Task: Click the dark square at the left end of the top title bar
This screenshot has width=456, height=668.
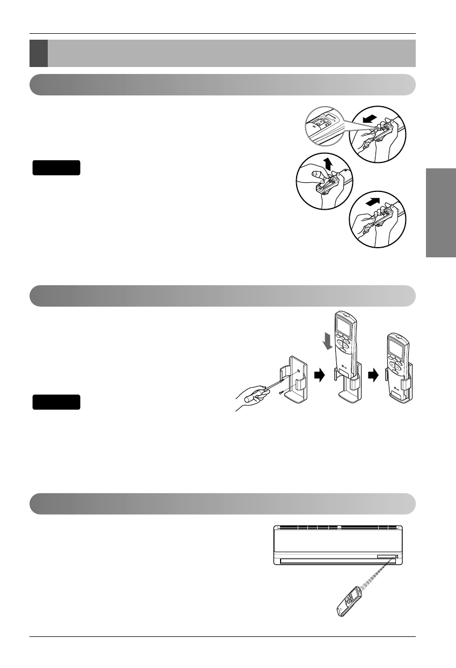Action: tap(39, 53)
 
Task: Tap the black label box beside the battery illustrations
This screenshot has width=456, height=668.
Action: tap(56, 168)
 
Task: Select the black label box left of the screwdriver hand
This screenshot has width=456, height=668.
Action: tap(56, 402)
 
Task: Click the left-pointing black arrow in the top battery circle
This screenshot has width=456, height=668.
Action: tap(370, 118)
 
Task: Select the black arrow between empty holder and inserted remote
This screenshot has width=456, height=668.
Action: tap(318, 376)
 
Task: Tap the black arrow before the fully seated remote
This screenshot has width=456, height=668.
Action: tap(377, 376)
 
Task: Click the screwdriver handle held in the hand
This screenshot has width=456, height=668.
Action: tap(253, 398)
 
